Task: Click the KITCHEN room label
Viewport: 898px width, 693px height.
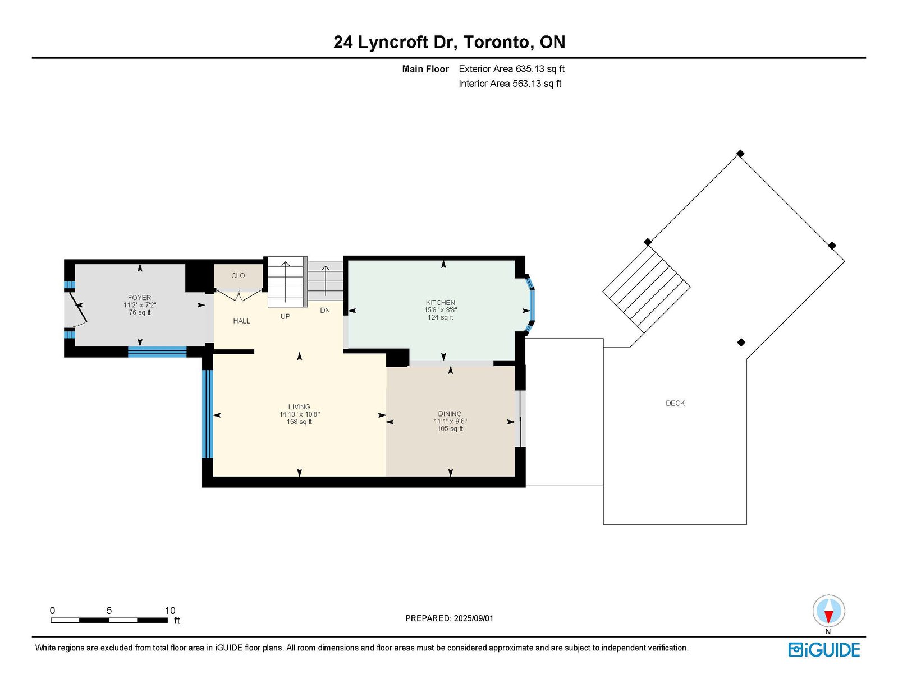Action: pos(441,303)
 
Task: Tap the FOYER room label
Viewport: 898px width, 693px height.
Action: pos(139,298)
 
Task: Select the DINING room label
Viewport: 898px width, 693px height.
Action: pos(450,414)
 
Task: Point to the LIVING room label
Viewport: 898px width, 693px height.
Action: pos(299,407)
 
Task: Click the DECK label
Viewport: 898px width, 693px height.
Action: pos(675,403)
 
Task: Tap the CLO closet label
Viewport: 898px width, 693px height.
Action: pos(238,276)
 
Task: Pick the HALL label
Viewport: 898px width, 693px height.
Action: pos(241,321)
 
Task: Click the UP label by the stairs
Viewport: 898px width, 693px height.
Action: pos(285,317)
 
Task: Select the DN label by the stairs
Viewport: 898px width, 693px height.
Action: pos(325,311)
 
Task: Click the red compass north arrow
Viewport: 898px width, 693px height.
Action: pos(828,617)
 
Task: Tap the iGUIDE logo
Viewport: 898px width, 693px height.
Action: pos(824,650)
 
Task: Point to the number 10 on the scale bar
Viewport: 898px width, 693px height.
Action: pos(170,611)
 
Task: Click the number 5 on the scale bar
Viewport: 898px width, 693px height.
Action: pos(109,611)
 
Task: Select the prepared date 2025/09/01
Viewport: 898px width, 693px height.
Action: pos(474,618)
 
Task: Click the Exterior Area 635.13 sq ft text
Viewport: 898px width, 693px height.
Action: pos(512,69)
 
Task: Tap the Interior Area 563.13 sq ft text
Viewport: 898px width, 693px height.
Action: pos(510,84)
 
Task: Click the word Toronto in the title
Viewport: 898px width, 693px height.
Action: pos(496,42)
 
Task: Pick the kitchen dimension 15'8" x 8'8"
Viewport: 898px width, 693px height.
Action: pos(441,310)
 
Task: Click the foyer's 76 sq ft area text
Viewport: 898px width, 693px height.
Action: pos(140,312)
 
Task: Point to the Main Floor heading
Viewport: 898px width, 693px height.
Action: pos(425,69)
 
